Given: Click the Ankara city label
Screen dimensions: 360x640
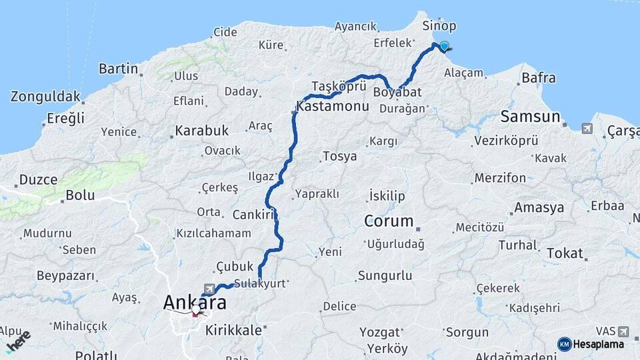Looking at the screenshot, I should [x=195, y=303].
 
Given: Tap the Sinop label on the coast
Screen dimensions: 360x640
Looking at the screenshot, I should [x=439, y=26].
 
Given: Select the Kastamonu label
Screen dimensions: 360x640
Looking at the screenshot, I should [x=332, y=106].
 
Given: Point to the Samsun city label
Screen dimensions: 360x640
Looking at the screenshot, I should [x=530, y=117].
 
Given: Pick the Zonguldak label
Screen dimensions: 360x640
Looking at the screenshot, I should [x=45, y=96].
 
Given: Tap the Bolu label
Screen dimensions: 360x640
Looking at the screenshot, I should [x=80, y=196].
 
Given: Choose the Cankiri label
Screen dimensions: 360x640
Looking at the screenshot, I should [x=254, y=215].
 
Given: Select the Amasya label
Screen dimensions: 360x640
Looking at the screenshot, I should [x=539, y=208].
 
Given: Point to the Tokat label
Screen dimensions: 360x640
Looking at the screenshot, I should [x=565, y=253].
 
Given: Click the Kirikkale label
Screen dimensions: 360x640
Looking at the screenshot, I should [x=233, y=329].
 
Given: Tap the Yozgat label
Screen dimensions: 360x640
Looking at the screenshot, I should [x=380, y=331].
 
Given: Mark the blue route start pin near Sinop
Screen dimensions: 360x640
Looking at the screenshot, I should [x=444, y=46].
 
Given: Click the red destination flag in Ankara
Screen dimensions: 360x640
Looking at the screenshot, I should [x=196, y=310].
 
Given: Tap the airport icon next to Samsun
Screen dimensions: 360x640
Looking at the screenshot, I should [x=587, y=129].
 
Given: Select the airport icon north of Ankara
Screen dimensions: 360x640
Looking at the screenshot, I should [x=211, y=288].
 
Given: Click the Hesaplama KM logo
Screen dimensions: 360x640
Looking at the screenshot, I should [x=591, y=344].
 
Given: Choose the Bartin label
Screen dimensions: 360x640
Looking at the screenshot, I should [x=119, y=69].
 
